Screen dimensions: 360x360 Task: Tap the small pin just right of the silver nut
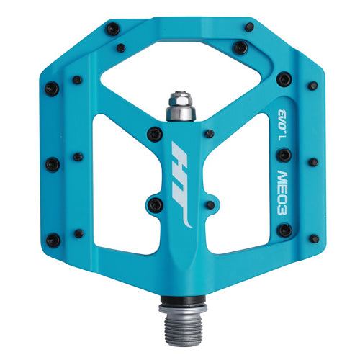point(210,133)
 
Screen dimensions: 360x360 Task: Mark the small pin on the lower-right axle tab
point(210,204)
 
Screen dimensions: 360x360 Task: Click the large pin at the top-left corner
point(112,29)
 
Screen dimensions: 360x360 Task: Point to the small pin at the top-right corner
point(249,27)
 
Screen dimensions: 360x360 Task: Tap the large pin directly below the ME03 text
point(285,230)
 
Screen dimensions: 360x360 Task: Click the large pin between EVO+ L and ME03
point(285,155)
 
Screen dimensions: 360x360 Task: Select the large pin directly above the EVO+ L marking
point(284,78)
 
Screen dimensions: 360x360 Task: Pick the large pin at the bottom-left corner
point(53,240)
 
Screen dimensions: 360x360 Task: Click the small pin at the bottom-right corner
point(314,238)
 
